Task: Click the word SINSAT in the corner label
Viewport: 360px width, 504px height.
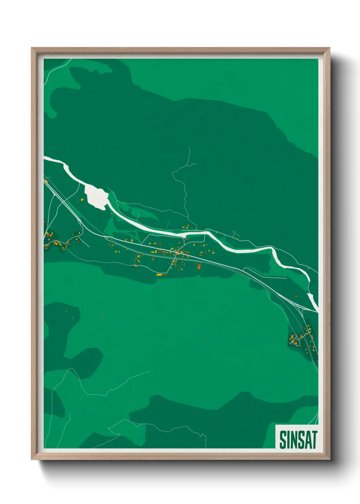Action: click(x=298, y=440)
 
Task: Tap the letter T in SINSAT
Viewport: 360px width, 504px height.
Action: click(x=314, y=440)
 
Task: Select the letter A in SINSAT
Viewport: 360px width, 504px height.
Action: click(x=307, y=440)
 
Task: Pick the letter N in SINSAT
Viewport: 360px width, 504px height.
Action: click(x=293, y=440)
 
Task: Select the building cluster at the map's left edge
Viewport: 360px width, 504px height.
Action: click(x=56, y=240)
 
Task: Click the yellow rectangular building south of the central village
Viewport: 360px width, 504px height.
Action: click(x=159, y=274)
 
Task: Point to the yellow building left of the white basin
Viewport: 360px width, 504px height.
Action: click(x=82, y=200)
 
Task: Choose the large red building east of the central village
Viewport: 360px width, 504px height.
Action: click(x=199, y=266)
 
